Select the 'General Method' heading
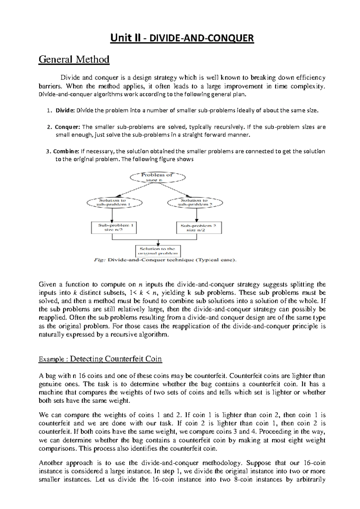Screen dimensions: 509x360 tap(74, 59)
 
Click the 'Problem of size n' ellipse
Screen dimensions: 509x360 tap(157, 177)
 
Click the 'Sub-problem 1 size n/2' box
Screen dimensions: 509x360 tap(114, 227)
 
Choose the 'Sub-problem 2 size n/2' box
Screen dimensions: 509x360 tap(199, 228)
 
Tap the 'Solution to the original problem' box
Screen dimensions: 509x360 tap(158, 251)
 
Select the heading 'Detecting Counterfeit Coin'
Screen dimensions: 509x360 tap(116, 359)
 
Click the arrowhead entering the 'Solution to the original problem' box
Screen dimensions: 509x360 tap(158, 244)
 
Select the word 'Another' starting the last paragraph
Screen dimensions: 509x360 tap(51, 463)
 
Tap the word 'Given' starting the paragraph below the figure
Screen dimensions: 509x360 tap(47, 285)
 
